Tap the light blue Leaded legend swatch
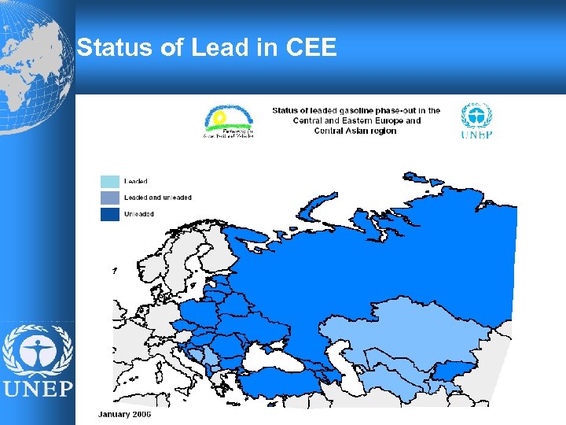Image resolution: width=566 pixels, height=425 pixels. point(110,182)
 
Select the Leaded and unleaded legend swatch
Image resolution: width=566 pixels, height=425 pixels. point(110,198)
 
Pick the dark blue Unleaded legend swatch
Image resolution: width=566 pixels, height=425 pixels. point(110,214)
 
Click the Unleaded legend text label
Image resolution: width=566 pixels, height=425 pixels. point(139,214)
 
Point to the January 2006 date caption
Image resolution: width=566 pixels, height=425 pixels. point(124,415)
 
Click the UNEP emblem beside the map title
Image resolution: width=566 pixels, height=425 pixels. point(476,120)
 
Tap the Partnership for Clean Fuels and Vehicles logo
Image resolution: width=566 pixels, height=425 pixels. point(228,122)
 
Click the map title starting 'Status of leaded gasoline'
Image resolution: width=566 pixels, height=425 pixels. point(356,120)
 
